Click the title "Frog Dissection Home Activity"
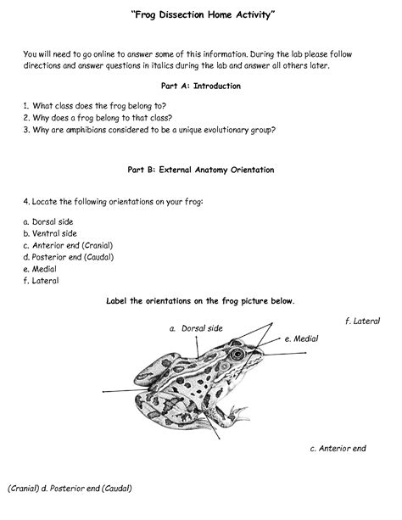point(203,15)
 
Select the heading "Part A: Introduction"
point(201,86)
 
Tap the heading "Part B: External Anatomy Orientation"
point(201,170)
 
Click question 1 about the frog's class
point(94,106)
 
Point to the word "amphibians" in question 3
point(86,130)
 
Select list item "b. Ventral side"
point(50,233)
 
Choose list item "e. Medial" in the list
point(40,269)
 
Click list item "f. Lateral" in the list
point(41,281)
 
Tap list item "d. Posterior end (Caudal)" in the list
point(69,257)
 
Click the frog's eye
point(237,354)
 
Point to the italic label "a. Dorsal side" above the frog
point(196,328)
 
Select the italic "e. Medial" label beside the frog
point(301,338)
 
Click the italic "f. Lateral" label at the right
point(362,321)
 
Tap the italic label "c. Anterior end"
point(338,449)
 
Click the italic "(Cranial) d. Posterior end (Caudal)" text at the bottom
point(70,488)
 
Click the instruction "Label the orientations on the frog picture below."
point(200,301)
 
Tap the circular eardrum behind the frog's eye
point(225,366)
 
